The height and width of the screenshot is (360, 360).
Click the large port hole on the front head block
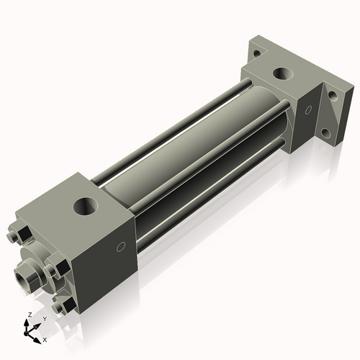point(86,206)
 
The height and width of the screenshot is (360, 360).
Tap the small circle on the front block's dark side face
point(121,247)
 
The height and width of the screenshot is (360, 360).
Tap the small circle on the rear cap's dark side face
point(308,110)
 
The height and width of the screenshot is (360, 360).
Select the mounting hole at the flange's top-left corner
point(257,53)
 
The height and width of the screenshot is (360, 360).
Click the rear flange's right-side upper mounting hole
point(333,95)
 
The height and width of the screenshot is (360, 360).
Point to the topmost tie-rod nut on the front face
point(19,234)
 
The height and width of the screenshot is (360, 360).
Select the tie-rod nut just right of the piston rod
point(56,269)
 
